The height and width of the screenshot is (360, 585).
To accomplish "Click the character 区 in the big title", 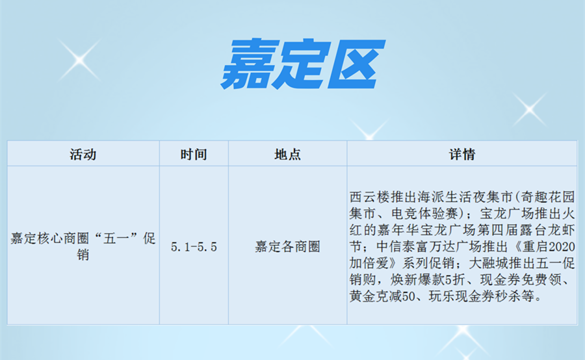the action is [x=356, y=64].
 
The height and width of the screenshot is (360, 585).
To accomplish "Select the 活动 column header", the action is [x=83, y=154].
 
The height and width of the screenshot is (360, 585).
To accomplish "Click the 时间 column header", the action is [x=194, y=154].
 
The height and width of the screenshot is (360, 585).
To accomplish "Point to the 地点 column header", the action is [x=288, y=154].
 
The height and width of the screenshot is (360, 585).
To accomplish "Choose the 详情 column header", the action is [x=462, y=154].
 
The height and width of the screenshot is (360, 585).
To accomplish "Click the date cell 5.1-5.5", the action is [x=194, y=246].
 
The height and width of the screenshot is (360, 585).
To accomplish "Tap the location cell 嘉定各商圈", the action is [x=288, y=246].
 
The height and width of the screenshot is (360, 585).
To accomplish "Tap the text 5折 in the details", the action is [x=452, y=279].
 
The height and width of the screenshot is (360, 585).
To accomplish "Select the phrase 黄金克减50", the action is [x=382, y=296].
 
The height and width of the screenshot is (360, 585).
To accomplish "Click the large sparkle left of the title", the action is [x=79, y=60].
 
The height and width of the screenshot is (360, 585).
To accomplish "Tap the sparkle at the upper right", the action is [x=529, y=109].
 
